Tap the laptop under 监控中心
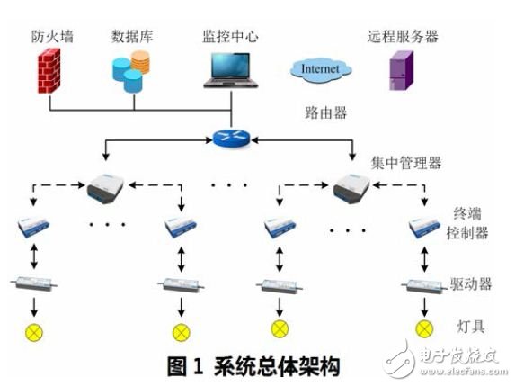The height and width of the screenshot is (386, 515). (232, 70)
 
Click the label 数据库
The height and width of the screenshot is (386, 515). (130, 37)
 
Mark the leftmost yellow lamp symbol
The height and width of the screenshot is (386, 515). (35, 329)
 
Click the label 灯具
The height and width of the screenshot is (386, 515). (466, 327)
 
